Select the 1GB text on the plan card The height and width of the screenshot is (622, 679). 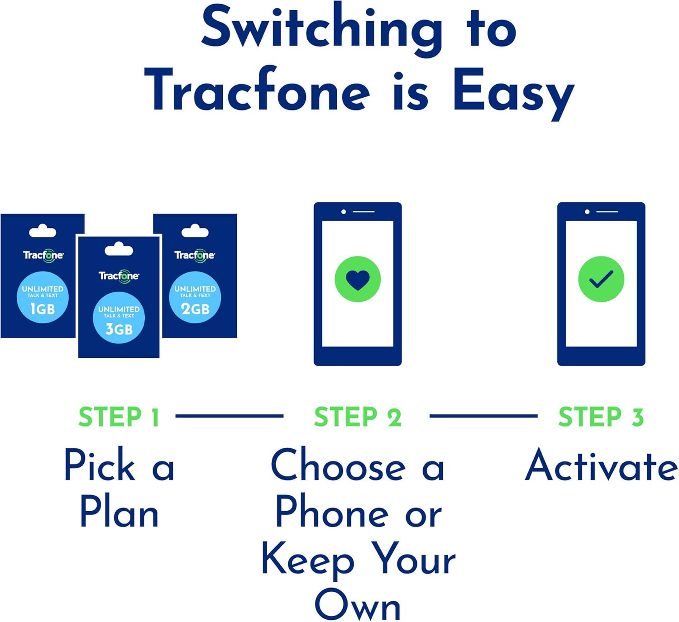[43, 309]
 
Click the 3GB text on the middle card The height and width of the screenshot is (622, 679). [119, 329]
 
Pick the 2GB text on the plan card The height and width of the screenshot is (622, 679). [195, 309]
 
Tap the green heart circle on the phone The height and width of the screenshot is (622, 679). [358, 279]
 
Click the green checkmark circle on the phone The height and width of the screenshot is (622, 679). [601, 279]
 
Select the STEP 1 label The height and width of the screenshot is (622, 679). [119, 417]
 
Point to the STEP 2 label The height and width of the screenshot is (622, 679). [358, 417]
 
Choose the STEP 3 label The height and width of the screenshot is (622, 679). [601, 417]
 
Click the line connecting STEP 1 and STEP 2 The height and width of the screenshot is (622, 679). [230, 416]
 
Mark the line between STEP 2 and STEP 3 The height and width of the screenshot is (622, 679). [483, 416]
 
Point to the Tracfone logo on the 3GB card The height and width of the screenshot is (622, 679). [119, 276]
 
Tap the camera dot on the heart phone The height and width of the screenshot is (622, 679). [344, 212]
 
